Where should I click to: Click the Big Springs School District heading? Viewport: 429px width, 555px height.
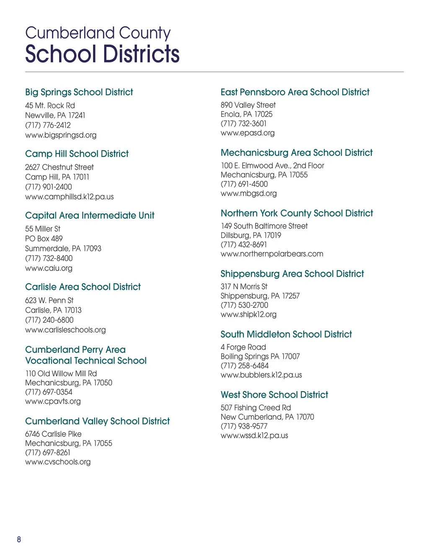79,92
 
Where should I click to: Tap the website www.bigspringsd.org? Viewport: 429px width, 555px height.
61,135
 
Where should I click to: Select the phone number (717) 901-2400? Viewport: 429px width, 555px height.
49,187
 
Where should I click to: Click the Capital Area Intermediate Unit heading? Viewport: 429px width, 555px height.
90,215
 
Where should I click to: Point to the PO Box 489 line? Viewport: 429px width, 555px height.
44,239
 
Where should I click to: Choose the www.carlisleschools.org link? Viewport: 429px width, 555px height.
65,330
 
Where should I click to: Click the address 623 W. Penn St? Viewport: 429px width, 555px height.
49,300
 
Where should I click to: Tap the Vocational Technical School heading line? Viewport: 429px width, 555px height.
86,361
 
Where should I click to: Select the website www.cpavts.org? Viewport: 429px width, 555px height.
53,401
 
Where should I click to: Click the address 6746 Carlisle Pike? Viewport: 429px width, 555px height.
53,434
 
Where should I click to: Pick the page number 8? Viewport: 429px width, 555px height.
19,540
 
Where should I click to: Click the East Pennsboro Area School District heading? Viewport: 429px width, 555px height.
295,92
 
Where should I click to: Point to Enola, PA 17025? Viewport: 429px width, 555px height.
246,114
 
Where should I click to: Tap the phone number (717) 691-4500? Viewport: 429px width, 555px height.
244,184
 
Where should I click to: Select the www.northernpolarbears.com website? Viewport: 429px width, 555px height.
272,254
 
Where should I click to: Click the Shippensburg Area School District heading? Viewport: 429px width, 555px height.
292,274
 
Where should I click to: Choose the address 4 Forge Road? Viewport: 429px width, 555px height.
243,347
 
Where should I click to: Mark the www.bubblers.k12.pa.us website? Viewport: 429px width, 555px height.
261,375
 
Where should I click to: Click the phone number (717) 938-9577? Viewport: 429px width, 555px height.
244,426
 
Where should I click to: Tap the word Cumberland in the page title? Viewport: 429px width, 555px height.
70,33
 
